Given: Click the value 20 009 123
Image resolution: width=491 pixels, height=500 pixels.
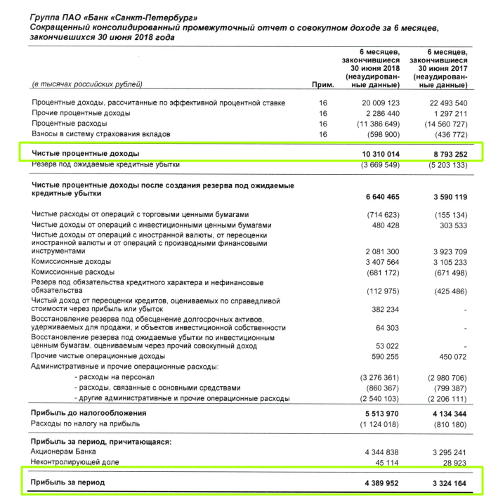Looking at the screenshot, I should (x=379, y=103).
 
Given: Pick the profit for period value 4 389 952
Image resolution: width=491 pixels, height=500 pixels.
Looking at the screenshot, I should (x=379, y=483).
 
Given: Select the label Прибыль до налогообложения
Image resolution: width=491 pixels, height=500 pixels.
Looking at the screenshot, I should (x=88, y=412).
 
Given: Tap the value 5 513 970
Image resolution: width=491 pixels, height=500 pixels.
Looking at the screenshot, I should (x=379, y=412).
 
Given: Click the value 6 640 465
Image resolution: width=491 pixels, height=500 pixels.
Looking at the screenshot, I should (x=379, y=196).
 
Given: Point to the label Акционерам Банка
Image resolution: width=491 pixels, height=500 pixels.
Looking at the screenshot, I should (x=64, y=452).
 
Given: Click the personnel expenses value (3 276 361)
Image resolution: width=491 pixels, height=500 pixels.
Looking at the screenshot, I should (x=379, y=377).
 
